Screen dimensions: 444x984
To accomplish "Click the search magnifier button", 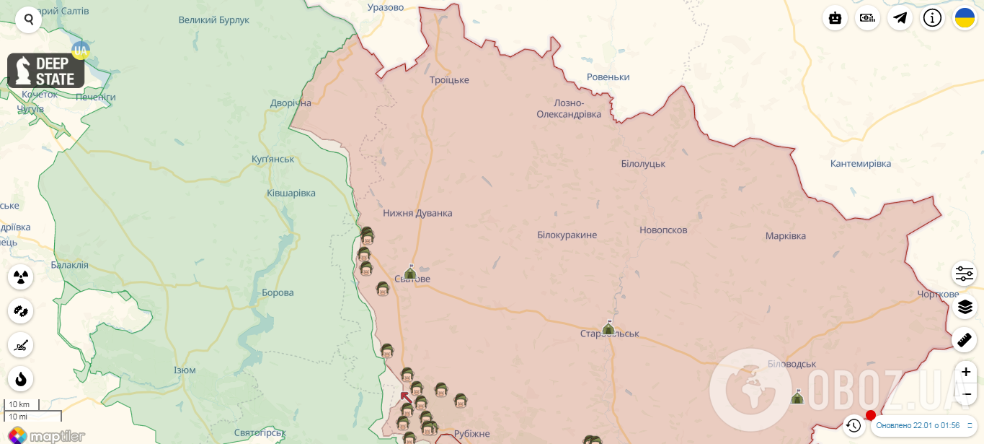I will click(x=29, y=19).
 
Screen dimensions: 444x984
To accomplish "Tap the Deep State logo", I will click(x=46, y=71).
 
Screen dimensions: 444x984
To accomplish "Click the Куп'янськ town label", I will click(x=273, y=159).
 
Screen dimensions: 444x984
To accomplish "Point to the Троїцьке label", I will click(x=449, y=80).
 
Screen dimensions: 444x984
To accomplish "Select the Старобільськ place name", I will click(x=610, y=334).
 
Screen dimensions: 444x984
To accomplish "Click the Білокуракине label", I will click(x=567, y=235).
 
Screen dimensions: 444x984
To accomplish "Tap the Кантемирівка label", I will click(x=861, y=164).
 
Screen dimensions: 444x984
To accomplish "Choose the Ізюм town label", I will click(x=185, y=370).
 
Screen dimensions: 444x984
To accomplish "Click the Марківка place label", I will click(x=786, y=236).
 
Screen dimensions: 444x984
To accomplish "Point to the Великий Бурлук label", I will click(x=214, y=20).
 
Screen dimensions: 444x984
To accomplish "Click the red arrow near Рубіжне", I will click(x=407, y=397).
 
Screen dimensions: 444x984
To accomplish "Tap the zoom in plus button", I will click(x=966, y=373).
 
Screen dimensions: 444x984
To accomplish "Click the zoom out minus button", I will click(x=966, y=393).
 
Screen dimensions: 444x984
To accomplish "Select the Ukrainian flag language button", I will click(x=965, y=18).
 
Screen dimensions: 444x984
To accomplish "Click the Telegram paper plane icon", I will click(x=900, y=18).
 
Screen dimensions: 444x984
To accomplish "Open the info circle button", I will click(x=932, y=18).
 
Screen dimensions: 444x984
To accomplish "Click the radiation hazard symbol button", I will click(x=21, y=277).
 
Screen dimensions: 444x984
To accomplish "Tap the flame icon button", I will click(x=21, y=379).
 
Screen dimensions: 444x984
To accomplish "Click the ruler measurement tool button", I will click(x=965, y=339).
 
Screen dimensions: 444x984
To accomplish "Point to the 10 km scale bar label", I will click(x=19, y=404).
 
